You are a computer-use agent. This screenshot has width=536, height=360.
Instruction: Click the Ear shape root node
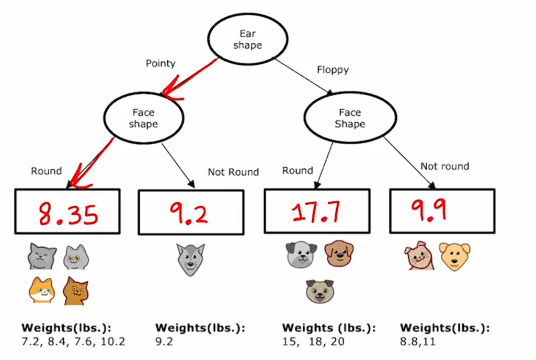(247, 40)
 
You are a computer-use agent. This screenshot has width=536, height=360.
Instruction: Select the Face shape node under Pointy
(143, 119)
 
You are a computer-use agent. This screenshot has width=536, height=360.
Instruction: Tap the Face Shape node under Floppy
(350, 119)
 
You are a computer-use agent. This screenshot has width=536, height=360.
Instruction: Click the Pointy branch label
(161, 63)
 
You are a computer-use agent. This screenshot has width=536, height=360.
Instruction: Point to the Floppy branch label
(333, 69)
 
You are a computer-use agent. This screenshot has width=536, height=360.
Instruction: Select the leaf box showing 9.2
(191, 212)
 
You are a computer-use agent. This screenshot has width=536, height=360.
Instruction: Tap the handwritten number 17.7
(316, 211)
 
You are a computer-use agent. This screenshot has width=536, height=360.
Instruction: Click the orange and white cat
(42, 290)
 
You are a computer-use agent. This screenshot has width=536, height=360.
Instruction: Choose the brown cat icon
(75, 291)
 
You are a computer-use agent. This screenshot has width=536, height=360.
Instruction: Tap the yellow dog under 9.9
(454, 257)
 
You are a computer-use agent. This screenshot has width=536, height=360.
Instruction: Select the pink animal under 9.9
(419, 256)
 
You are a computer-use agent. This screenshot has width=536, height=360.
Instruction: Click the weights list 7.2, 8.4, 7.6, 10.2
(73, 342)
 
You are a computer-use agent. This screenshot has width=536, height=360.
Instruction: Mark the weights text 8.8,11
(418, 342)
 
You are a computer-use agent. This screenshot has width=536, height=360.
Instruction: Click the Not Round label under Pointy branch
(233, 172)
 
